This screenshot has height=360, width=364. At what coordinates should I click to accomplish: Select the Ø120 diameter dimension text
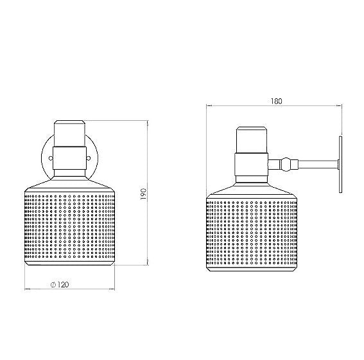click(x=60, y=284)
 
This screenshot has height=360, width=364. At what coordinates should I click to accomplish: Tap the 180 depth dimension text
click(x=277, y=101)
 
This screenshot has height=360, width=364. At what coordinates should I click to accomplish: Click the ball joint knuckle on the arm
click(x=287, y=165)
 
